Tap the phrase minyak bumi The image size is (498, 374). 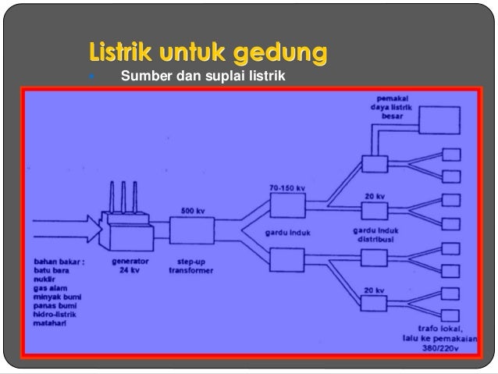point(55,297)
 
